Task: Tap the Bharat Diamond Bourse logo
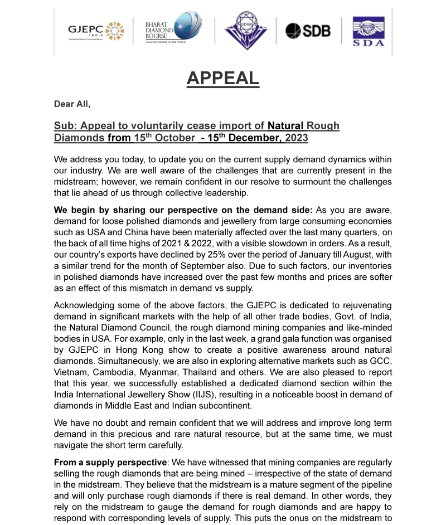pos(173,31)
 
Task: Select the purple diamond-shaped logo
pos(245,31)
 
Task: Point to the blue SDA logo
pos(369,32)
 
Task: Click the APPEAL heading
pos(222,79)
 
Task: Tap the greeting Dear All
pos(72,104)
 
